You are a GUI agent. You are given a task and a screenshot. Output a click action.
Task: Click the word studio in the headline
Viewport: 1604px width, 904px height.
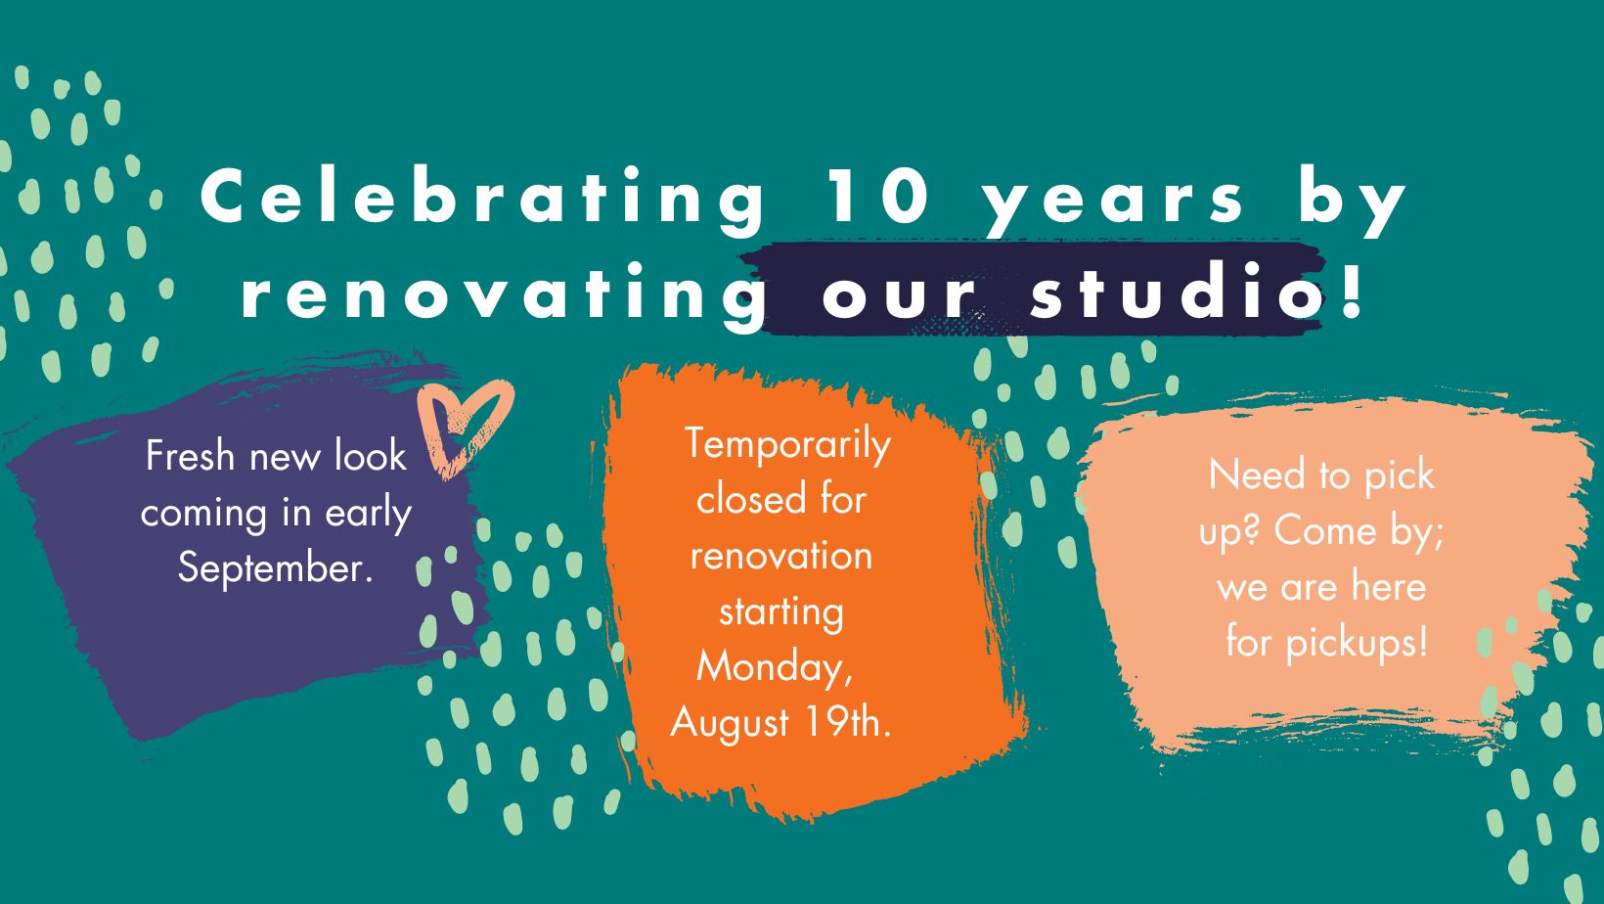[1175, 291]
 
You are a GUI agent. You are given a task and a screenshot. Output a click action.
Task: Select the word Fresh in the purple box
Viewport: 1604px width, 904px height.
[191, 456]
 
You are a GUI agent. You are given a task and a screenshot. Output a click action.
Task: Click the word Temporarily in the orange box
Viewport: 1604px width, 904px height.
[787, 444]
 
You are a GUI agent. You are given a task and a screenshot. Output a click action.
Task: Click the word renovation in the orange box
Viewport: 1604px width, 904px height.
[781, 556]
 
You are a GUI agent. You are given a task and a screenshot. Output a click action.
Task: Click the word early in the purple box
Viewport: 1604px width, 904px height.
[369, 515]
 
